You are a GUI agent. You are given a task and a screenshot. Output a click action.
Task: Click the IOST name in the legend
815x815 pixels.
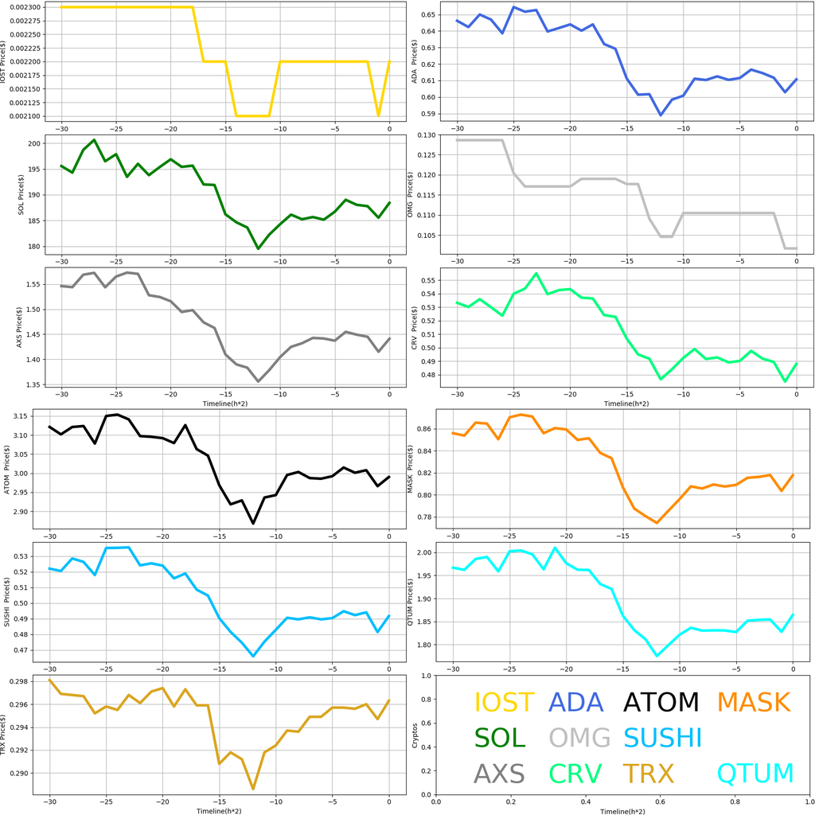(x=504, y=702)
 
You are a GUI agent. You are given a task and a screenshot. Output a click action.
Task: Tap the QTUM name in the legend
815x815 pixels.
(x=755, y=773)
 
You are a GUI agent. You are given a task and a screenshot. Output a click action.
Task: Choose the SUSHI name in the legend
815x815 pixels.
(x=662, y=738)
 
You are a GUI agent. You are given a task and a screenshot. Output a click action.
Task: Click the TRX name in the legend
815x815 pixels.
(x=648, y=773)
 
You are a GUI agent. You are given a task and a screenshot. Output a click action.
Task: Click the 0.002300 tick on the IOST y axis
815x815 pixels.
(x=34, y=7)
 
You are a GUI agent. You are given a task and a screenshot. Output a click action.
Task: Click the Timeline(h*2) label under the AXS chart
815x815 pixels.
(x=225, y=404)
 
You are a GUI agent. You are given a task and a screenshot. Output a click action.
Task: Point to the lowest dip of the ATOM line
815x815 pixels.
(x=254, y=523)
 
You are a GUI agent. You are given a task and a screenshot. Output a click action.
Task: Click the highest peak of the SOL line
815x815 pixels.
(x=94, y=140)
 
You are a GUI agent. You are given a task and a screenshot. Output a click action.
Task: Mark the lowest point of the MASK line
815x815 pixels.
(x=657, y=523)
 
